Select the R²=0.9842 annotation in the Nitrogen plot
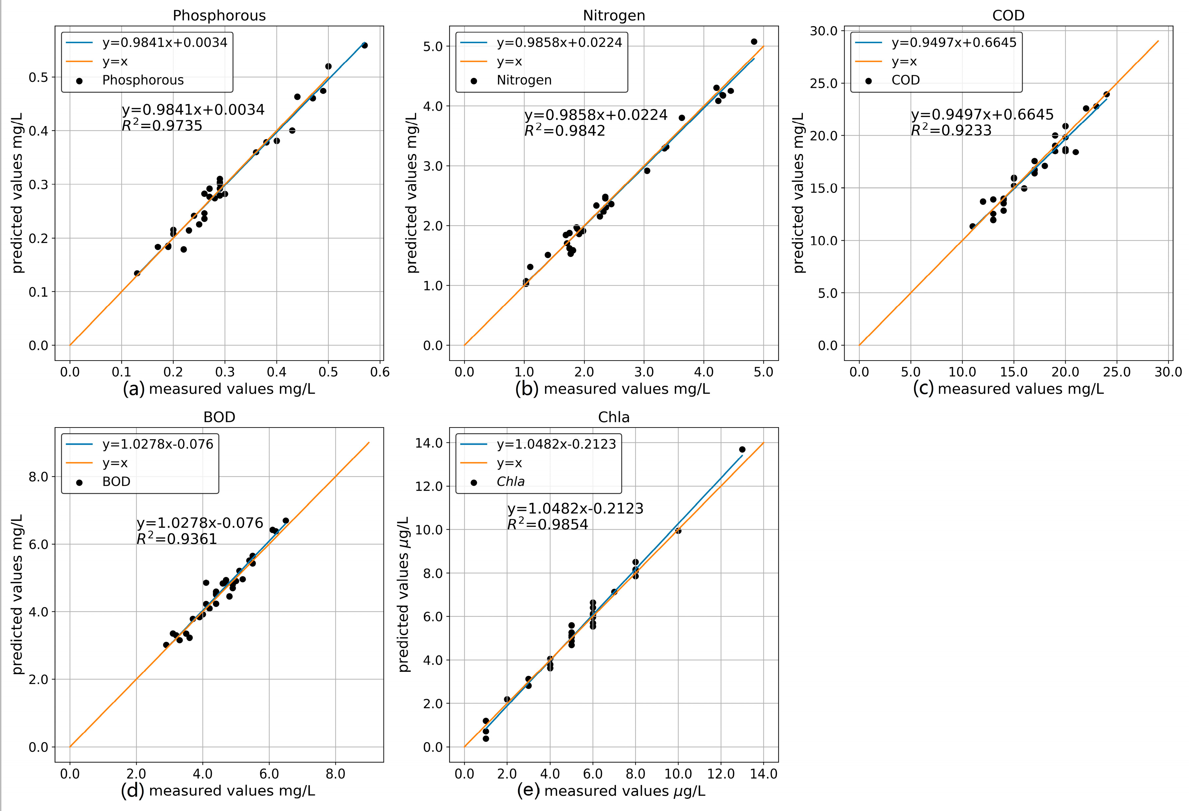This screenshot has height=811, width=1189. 565,131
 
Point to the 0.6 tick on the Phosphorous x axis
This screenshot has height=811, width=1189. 380,372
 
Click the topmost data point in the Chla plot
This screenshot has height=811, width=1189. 742,449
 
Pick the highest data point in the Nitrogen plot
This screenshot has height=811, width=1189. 754,41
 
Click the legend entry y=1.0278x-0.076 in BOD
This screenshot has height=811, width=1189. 157,444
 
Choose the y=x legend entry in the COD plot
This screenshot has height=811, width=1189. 904,61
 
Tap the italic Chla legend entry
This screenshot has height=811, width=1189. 510,482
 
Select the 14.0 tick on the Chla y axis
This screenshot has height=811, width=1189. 430,442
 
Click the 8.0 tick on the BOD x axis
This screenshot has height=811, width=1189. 335,774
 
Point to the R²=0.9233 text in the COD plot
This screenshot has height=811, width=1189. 951,131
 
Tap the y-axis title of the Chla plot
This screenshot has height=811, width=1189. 404,594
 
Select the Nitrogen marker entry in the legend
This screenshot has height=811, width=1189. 524,80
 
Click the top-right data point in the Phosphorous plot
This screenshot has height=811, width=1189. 364,45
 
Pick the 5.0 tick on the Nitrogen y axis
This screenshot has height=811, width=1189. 433,46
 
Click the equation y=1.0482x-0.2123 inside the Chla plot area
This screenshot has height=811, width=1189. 575,508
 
